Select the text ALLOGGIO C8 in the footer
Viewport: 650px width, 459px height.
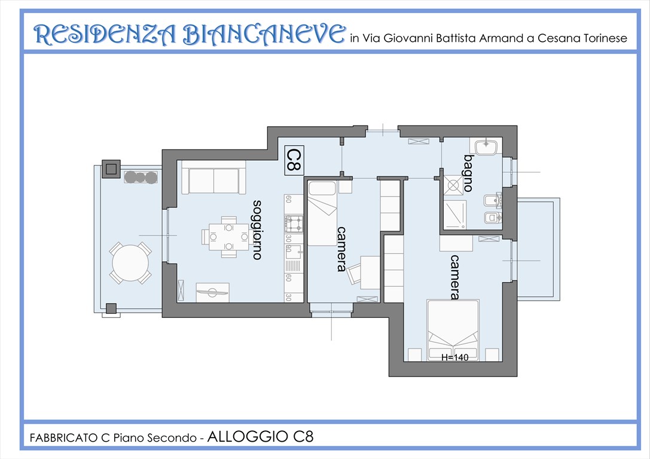(x=260, y=437)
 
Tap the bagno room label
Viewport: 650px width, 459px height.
(x=468, y=173)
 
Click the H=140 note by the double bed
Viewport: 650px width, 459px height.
(x=454, y=357)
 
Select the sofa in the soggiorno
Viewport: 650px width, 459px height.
(x=213, y=180)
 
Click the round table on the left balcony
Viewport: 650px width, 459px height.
(x=130, y=263)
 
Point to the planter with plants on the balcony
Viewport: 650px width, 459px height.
(x=141, y=176)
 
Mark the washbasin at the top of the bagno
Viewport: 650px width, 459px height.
(x=486, y=146)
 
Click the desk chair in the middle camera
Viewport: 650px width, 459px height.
(x=355, y=273)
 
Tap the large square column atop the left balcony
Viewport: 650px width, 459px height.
(x=111, y=169)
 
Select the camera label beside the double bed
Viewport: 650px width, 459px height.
(x=455, y=277)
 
